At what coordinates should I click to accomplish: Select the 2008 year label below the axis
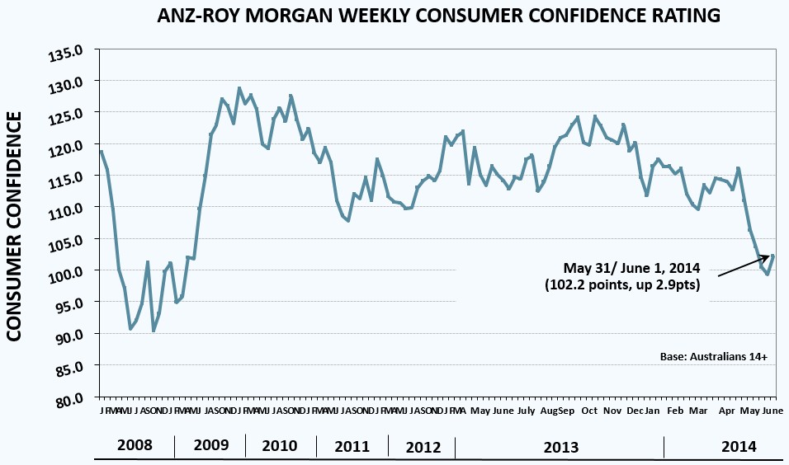(x=135, y=445)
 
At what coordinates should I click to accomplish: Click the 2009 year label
(x=211, y=445)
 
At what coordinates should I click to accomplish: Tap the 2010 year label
(x=280, y=445)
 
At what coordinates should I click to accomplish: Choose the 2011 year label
(x=352, y=446)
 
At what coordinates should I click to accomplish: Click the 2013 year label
(x=561, y=446)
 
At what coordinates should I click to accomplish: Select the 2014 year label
(x=739, y=446)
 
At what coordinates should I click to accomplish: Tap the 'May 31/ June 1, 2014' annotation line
(x=632, y=268)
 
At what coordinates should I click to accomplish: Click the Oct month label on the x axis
(x=589, y=411)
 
